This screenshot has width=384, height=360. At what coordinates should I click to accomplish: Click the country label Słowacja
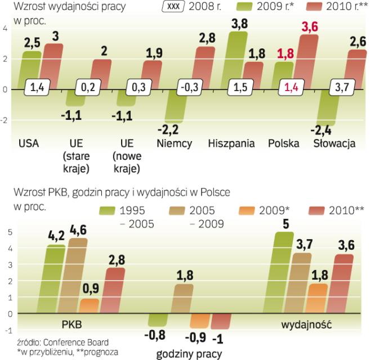pos(334,143)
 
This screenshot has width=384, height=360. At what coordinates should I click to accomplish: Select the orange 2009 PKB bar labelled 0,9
pos(90,305)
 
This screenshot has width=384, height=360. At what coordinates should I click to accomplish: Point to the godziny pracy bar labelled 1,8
pos(182,298)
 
